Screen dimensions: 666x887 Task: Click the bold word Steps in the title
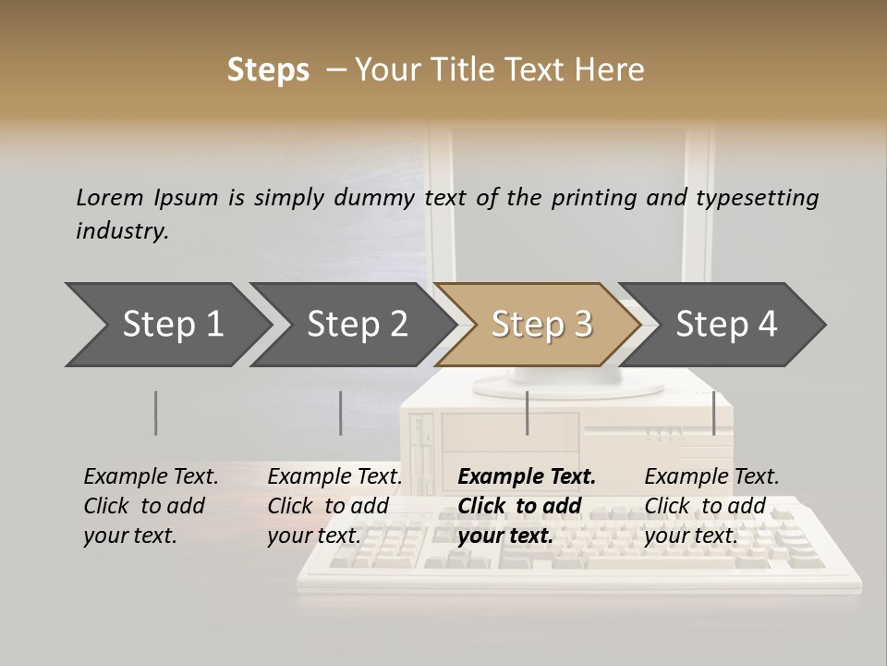tap(268, 70)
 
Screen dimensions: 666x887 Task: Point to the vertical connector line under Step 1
tap(156, 413)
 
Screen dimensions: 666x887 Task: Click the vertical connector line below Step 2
tap(341, 413)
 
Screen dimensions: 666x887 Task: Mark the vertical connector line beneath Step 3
tap(528, 413)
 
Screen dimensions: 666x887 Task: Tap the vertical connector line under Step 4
tap(714, 413)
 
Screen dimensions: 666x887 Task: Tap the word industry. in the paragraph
tap(123, 231)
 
